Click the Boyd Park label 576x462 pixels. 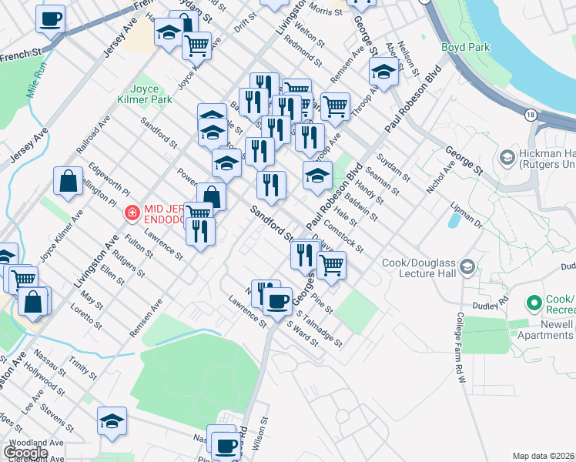466,48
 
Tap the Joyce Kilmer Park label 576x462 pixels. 135,95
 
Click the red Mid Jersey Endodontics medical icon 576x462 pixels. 132,212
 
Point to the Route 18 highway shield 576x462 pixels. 531,115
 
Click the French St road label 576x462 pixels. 20,55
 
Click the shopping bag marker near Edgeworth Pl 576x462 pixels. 69,182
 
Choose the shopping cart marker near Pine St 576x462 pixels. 331,265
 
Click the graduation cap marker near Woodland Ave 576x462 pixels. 112,421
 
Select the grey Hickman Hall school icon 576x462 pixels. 507,158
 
